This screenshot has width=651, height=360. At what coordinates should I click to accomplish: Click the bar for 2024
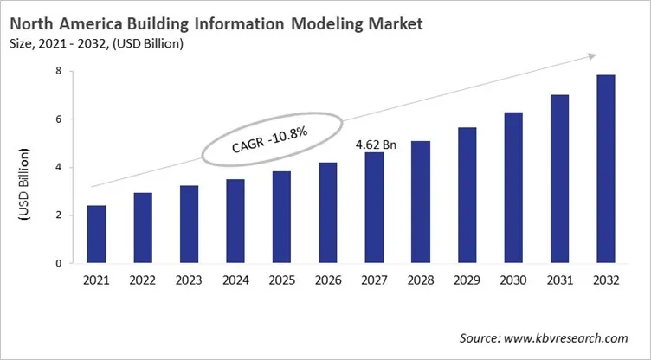tap(235, 222)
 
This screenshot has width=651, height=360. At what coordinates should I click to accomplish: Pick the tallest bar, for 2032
tap(605, 169)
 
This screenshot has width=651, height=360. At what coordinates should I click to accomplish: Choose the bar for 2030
tap(513, 188)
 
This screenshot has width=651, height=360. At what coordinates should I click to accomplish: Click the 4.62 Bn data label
tap(376, 145)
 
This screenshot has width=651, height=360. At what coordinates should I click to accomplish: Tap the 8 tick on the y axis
tap(59, 72)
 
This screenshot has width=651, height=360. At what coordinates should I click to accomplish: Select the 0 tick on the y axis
tap(59, 263)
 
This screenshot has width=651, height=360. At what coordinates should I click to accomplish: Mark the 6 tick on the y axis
tap(59, 119)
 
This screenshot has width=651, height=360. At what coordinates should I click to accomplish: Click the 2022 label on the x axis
tap(142, 280)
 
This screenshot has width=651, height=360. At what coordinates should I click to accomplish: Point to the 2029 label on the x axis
tap(467, 280)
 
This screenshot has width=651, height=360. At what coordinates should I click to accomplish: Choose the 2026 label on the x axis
tap(327, 280)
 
